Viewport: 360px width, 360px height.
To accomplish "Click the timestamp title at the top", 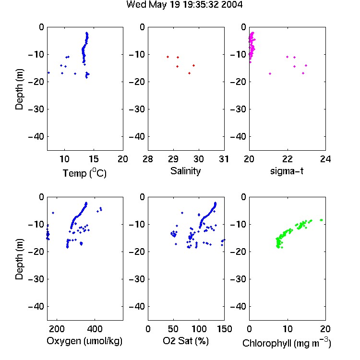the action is [184, 4].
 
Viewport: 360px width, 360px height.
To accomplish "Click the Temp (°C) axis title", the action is [84, 173].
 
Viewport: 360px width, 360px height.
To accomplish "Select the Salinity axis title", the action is [185, 171].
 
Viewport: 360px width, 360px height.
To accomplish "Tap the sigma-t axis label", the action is [287, 171].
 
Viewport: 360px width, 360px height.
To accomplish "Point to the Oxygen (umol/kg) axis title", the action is [84, 341].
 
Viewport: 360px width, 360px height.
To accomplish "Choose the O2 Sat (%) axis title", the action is [186, 341].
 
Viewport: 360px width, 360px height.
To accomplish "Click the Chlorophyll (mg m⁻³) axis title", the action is [287, 343].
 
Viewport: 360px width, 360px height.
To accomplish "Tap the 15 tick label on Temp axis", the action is [94, 159].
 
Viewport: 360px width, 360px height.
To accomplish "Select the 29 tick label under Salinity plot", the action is [173, 159].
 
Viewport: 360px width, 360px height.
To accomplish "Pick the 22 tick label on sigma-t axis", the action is [287, 159].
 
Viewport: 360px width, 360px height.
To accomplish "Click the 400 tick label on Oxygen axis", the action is [95, 329].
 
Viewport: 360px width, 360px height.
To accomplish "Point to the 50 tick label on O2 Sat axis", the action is [173, 329].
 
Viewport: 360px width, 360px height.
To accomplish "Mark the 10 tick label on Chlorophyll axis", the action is [287, 329].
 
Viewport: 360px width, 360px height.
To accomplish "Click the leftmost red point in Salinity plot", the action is [168, 57].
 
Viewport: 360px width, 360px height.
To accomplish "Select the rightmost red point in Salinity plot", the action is [194, 65].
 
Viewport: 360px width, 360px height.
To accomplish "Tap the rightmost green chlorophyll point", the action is [322, 220].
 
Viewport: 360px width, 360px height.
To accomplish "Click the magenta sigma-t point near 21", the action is [270, 73].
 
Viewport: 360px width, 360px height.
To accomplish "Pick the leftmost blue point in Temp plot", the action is [48, 72].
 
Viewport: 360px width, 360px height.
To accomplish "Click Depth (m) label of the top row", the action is [19, 89].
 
